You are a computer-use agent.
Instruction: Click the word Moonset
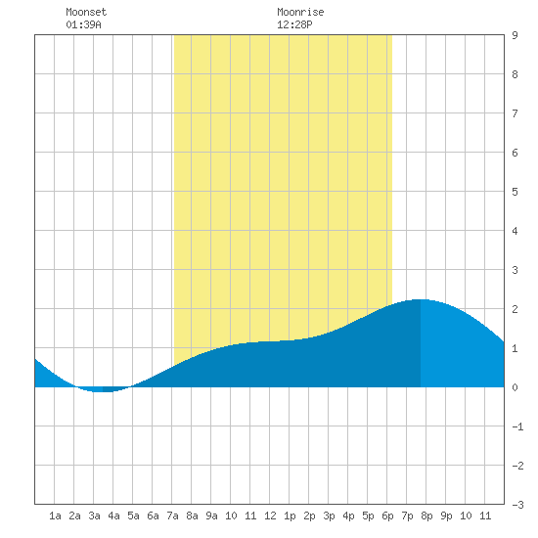click(86, 12)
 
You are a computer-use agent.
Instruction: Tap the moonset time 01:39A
click(83, 24)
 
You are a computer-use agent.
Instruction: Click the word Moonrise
click(300, 12)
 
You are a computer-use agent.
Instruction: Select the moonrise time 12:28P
click(294, 24)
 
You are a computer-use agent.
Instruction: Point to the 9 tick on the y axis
click(515, 35)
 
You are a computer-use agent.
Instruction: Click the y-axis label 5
click(515, 192)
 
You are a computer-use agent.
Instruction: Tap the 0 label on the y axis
click(515, 387)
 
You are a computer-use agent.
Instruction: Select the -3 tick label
click(517, 505)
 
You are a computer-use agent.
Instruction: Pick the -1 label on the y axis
click(517, 426)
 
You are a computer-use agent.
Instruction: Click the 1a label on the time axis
click(55, 516)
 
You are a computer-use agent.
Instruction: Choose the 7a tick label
click(172, 516)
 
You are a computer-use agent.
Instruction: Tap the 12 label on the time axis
click(270, 516)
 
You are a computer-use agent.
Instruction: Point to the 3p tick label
click(329, 516)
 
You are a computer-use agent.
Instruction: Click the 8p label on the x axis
click(426, 516)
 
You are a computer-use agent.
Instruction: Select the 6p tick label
click(387, 516)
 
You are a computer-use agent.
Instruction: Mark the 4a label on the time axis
click(113, 516)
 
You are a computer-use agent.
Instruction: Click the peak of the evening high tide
click(421, 300)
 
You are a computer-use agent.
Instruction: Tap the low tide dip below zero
click(103, 391)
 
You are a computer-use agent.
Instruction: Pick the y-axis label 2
click(515, 309)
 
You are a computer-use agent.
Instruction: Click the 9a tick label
click(211, 516)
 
